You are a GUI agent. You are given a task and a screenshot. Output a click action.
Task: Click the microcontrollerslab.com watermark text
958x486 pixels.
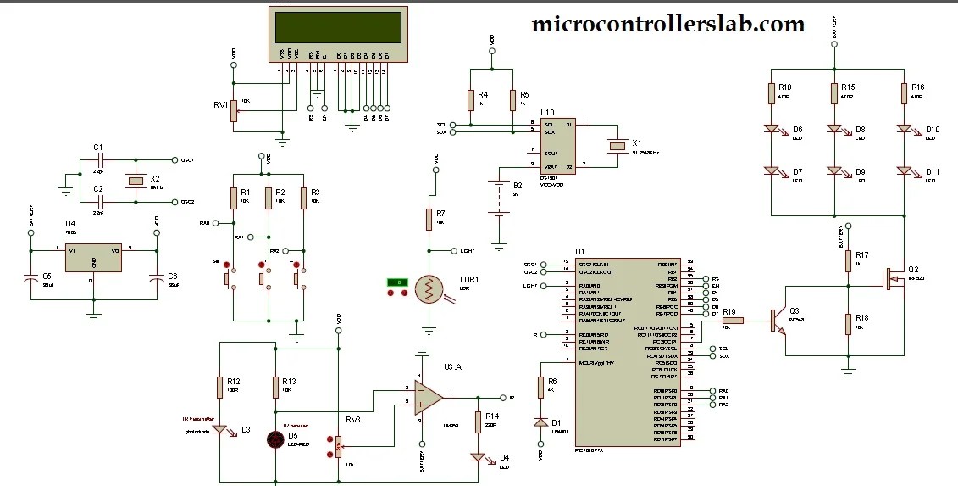click(667, 25)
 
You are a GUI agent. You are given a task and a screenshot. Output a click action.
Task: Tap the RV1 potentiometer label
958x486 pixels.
click(221, 104)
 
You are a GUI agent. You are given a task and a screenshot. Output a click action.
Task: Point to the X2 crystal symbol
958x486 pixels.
click(134, 181)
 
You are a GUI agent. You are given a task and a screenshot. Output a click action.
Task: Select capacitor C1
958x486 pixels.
click(99, 159)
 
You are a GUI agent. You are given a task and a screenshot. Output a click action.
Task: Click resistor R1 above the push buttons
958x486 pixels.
click(233, 198)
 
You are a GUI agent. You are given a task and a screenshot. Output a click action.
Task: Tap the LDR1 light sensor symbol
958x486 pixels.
click(429, 289)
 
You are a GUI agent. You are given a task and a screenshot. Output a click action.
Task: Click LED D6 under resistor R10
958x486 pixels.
click(772, 130)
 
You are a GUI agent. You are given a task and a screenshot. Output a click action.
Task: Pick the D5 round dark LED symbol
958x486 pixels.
click(275, 439)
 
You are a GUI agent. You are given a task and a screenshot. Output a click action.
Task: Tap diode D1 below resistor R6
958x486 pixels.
click(540, 422)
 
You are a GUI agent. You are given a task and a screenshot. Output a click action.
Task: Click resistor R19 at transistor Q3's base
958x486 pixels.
click(734, 321)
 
